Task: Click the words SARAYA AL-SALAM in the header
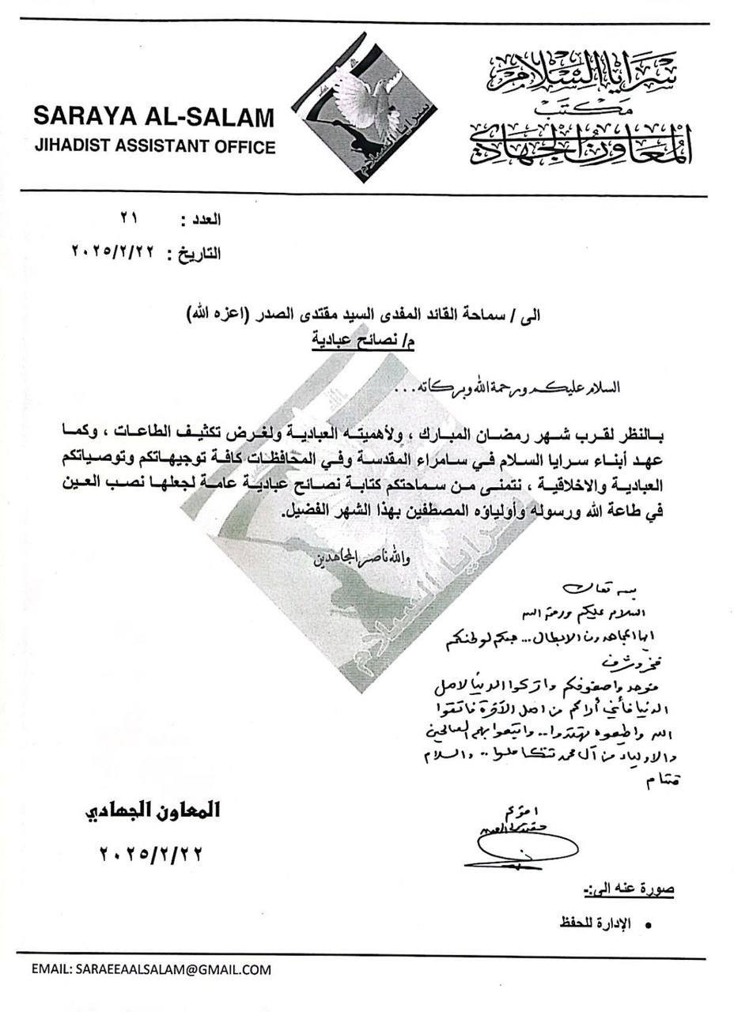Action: (153, 117)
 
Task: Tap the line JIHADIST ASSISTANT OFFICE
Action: (153, 146)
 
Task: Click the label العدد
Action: (202, 219)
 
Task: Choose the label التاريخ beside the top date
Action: (193, 254)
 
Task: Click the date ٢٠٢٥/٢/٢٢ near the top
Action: (115, 253)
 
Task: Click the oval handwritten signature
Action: (507, 849)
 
